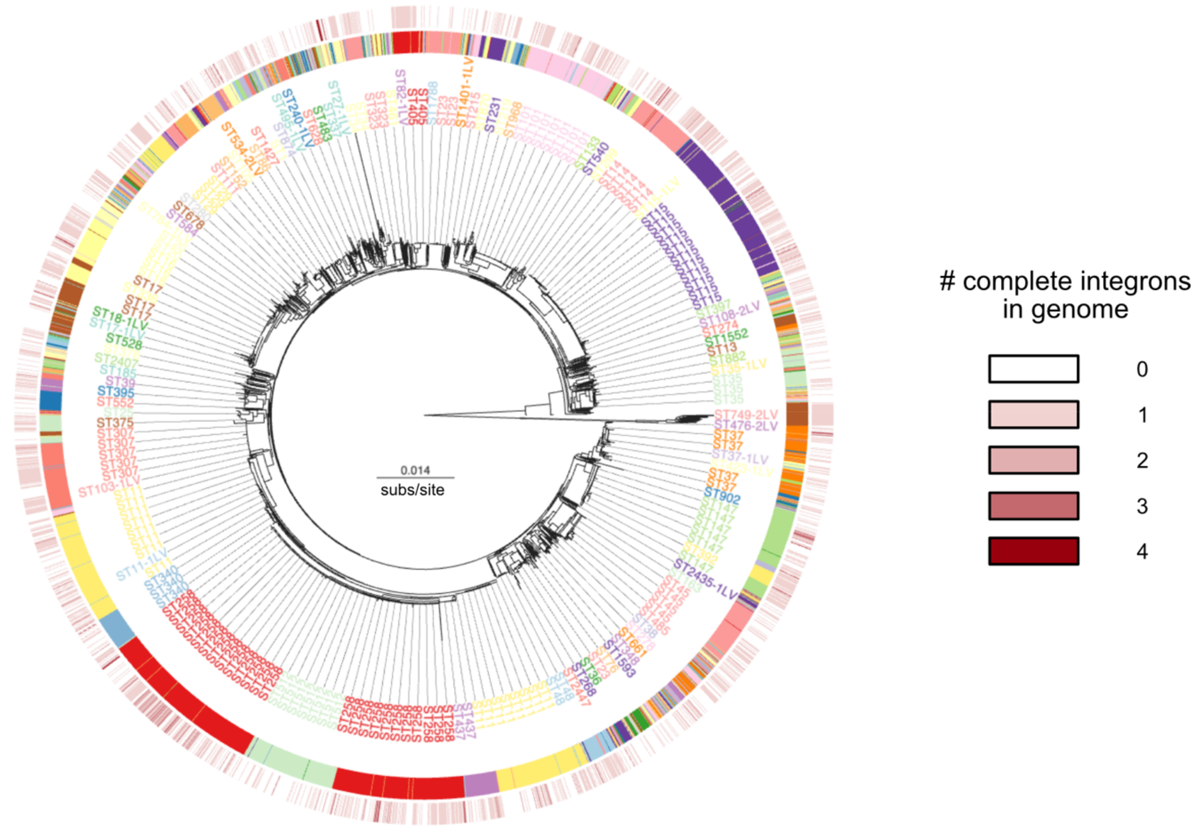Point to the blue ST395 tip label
tap(116, 392)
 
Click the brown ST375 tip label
tap(115, 422)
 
